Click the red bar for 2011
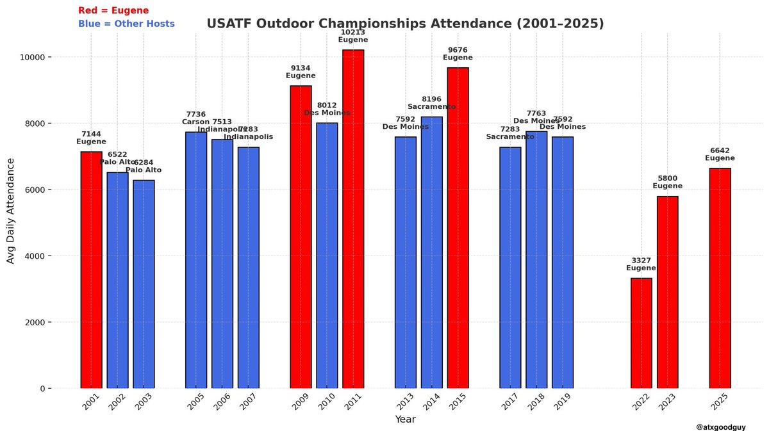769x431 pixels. (353, 219)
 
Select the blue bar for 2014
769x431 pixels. (431, 252)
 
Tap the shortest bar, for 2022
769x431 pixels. (641, 333)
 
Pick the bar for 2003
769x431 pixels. (144, 284)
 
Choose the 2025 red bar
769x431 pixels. (720, 279)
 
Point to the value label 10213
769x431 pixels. (353, 31)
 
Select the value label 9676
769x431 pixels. (458, 49)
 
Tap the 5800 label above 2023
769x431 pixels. (667, 178)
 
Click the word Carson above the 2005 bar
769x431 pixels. (195, 122)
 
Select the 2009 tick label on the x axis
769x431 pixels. (301, 403)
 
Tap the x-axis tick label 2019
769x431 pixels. (562, 403)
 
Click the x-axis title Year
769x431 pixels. (405, 420)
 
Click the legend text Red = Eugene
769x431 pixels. (113, 11)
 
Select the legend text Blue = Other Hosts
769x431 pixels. (126, 24)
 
